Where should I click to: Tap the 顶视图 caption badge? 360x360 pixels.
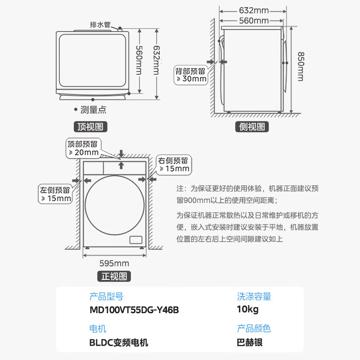point(90,127)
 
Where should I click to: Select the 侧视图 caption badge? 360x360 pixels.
point(252,127)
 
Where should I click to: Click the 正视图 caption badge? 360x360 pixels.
point(114,276)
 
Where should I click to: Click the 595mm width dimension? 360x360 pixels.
point(114,263)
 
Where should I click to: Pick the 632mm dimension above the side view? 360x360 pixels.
point(253,10)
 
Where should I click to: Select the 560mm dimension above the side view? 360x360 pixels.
point(253,20)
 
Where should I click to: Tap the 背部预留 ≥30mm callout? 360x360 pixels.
point(191,75)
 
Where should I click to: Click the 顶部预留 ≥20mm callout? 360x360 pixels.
point(83,148)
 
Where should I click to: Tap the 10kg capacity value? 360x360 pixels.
point(247,310)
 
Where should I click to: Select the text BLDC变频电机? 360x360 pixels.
point(119,342)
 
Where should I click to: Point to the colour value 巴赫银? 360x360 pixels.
point(250,342)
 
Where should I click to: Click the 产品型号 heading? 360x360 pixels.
point(106,297)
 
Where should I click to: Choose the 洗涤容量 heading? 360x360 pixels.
point(254,297)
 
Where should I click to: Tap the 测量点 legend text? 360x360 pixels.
point(93,109)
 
